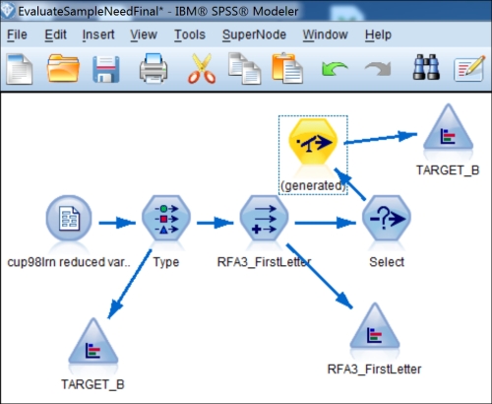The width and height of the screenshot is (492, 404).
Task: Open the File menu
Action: (x=17, y=34)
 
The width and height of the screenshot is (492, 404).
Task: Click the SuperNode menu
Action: (x=254, y=34)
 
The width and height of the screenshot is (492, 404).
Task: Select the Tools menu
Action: (x=190, y=34)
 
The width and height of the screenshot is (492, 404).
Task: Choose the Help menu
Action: (x=378, y=34)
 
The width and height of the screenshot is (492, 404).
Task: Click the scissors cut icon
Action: (x=202, y=68)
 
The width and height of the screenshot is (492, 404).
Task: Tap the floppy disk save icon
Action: (x=106, y=69)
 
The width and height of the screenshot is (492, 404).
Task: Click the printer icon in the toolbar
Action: (x=154, y=68)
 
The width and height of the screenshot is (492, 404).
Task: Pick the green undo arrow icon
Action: (x=335, y=68)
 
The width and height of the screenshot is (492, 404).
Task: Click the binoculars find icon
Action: (x=426, y=67)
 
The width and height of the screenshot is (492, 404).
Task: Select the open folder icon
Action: (x=63, y=68)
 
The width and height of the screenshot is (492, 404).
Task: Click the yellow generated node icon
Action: (x=313, y=142)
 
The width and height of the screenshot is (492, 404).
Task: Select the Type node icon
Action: (x=166, y=219)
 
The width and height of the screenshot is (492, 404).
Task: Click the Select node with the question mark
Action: (x=387, y=219)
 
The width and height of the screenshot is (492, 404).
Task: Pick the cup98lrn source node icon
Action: (x=69, y=219)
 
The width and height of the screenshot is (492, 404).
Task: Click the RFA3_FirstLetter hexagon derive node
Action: (x=265, y=219)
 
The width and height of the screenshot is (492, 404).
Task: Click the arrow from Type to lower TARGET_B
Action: (x=130, y=284)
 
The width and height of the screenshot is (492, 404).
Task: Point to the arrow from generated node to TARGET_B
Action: (x=381, y=138)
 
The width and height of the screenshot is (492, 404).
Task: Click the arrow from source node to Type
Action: (x=117, y=223)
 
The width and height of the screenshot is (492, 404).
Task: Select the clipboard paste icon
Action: (x=287, y=68)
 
